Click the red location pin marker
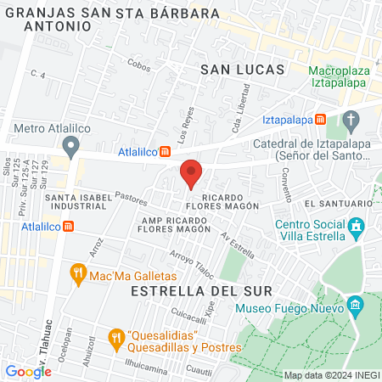191,173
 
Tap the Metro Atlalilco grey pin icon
72,147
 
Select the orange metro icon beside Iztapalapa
320,120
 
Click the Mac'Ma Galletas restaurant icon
78,275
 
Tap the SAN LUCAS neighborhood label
235,70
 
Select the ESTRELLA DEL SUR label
202,290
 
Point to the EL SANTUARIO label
337,204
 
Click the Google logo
28,371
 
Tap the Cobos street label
138,63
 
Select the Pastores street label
130,199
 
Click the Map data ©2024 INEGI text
330,375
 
